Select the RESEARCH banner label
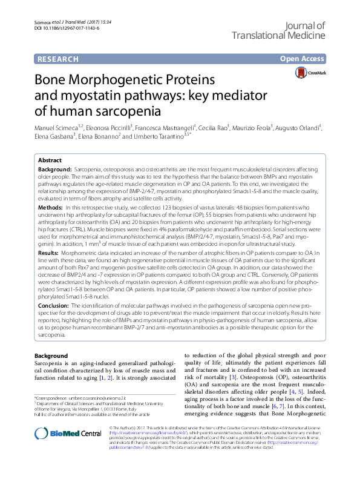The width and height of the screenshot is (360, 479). (58, 59)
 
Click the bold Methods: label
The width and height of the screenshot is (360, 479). (51, 207)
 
